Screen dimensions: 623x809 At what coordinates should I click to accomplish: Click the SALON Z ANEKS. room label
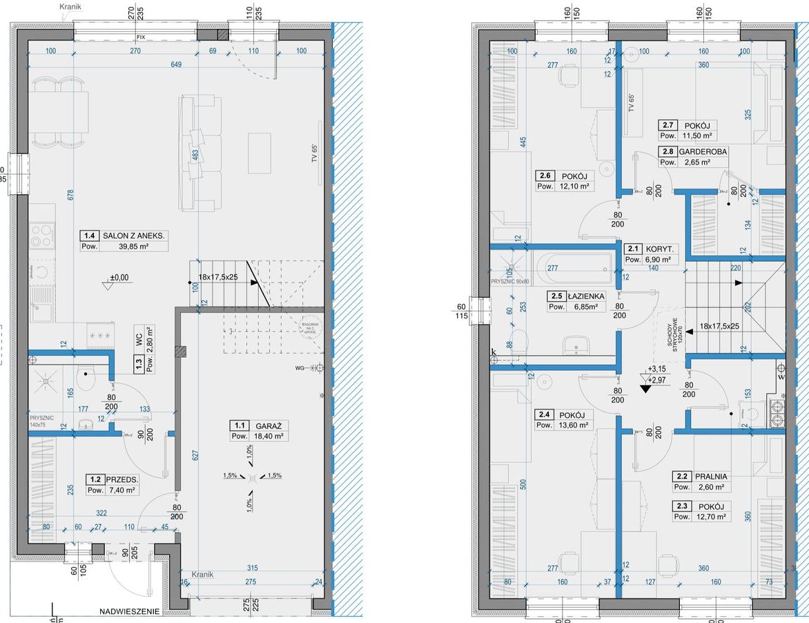[x=134, y=236]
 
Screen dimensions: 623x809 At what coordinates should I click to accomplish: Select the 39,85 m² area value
[x=133, y=247]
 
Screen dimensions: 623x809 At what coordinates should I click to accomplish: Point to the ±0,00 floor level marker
[x=119, y=278]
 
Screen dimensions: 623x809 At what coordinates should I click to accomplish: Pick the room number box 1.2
[x=94, y=479]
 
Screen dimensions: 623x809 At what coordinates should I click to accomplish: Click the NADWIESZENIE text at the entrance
[x=129, y=611]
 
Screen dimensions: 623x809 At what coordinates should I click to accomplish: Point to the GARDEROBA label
[x=702, y=151]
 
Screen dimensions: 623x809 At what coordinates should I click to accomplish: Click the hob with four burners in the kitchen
[x=41, y=236]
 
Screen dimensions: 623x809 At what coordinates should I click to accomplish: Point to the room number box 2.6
[x=545, y=175]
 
